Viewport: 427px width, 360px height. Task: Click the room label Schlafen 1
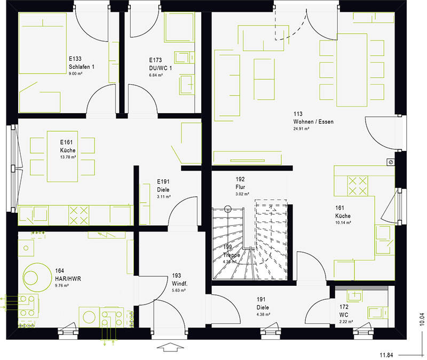(x=81, y=67)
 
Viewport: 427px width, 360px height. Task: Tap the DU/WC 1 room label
(x=160, y=68)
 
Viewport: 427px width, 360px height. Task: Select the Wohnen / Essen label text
(x=313, y=122)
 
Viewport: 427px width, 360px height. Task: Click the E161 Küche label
(x=68, y=151)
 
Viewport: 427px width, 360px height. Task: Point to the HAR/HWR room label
(x=68, y=278)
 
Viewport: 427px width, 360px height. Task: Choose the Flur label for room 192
(x=240, y=188)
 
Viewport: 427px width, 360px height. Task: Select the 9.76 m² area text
(x=62, y=285)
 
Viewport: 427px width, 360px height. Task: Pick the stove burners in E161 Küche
(x=78, y=215)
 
